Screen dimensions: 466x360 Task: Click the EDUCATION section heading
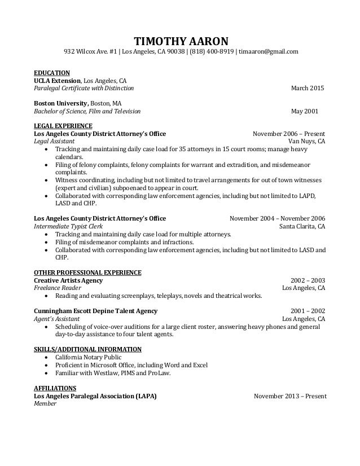[51, 73]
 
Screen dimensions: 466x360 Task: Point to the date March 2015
[308, 89]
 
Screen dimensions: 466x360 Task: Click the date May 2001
[308, 111]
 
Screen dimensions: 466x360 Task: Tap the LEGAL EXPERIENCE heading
[63, 125]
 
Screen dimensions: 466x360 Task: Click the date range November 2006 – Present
[289, 134]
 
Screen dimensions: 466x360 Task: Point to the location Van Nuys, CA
[306, 142]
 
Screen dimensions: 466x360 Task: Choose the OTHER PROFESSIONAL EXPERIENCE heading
[87, 272]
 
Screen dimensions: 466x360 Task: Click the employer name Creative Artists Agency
[68, 280]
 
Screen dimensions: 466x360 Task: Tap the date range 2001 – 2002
[308, 311]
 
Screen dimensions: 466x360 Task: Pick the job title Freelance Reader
[57, 288]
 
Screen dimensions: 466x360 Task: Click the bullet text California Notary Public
[87, 358]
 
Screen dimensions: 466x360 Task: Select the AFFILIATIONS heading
[55, 388]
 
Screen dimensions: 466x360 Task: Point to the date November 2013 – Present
[290, 397]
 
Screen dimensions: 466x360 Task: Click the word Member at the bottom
[45, 405]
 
